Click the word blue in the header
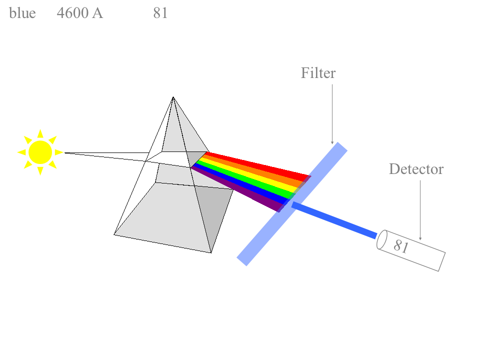[22, 13]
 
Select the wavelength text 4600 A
[80, 13]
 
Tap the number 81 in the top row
[160, 13]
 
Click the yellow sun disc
[40, 152]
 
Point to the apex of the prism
[173, 97]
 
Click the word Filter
[318, 73]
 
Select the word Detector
[416, 169]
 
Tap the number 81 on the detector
[401, 246]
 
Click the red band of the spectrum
[257, 165]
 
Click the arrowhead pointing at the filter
[332, 142]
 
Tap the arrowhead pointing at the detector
[420, 238]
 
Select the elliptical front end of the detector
[381, 239]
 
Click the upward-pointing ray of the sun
[40, 134]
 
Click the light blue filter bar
[292, 204]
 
